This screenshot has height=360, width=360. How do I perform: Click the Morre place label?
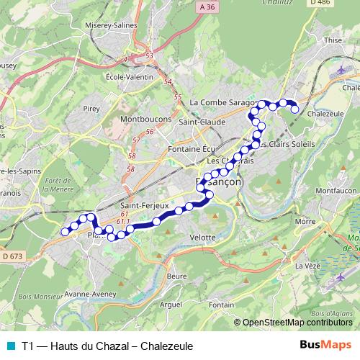[306, 222]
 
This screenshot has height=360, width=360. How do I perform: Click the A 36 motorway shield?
[205, 8]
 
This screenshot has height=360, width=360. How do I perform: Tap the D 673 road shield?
[12, 256]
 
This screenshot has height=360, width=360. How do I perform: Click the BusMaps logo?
[326, 346]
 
